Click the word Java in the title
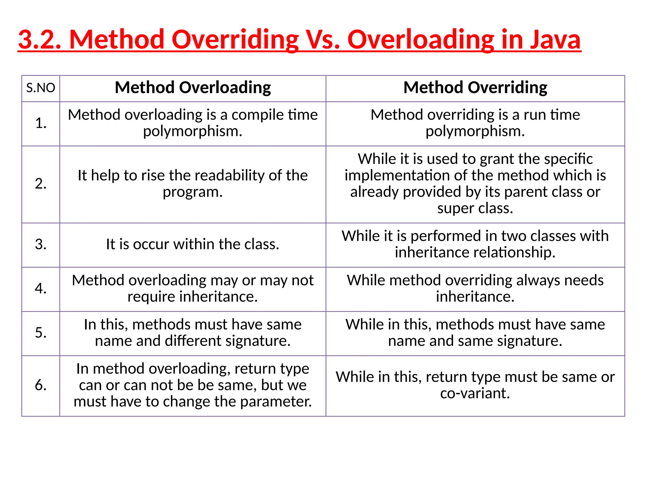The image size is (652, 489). click(555, 39)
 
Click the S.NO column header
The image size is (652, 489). click(41, 88)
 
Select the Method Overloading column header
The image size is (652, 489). click(193, 88)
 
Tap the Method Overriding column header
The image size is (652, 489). click(475, 88)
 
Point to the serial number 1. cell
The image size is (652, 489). click(41, 124)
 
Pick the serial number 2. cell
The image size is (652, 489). click(41, 184)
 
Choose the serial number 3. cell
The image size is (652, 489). click(41, 244)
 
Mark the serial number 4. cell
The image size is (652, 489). click(41, 288)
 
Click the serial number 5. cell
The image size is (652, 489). click(41, 333)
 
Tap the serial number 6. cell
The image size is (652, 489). click(41, 385)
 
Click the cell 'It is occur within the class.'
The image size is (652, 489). click(193, 244)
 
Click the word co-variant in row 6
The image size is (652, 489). click(475, 393)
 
